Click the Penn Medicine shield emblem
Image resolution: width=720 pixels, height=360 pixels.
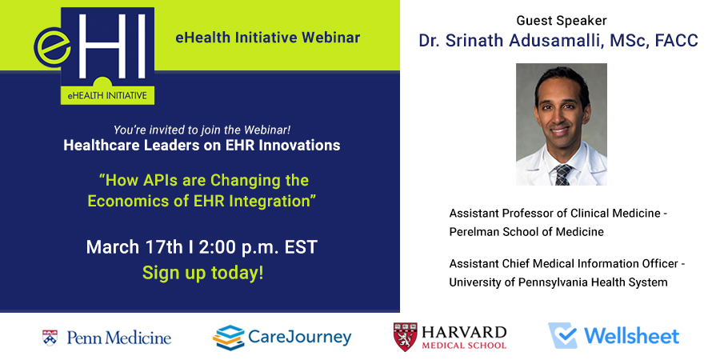pos(50,338)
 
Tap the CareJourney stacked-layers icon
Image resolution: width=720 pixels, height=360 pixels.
pos(228,338)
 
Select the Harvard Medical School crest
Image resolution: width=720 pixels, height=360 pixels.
pos(405,337)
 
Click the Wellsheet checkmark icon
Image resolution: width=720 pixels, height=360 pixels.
pos(563,336)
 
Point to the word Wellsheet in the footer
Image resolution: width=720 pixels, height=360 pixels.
pos(631,336)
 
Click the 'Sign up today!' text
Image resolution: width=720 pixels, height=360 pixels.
pos(203,272)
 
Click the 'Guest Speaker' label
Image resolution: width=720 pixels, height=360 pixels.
pos(561,21)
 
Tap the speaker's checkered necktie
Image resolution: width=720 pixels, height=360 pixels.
pos(563,174)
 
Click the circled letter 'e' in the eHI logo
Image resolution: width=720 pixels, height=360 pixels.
pos(53,46)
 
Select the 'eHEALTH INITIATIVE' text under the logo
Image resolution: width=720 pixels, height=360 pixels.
pos(107,95)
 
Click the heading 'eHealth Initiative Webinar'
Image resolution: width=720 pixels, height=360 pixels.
pos(268,38)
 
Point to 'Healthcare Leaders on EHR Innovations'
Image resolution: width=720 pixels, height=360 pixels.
pos(202,146)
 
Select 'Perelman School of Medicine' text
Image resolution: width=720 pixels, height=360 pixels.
pos(526,232)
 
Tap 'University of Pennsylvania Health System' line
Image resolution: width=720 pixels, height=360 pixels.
pos(558,282)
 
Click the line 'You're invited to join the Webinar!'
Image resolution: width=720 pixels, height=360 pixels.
pos(202,130)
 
